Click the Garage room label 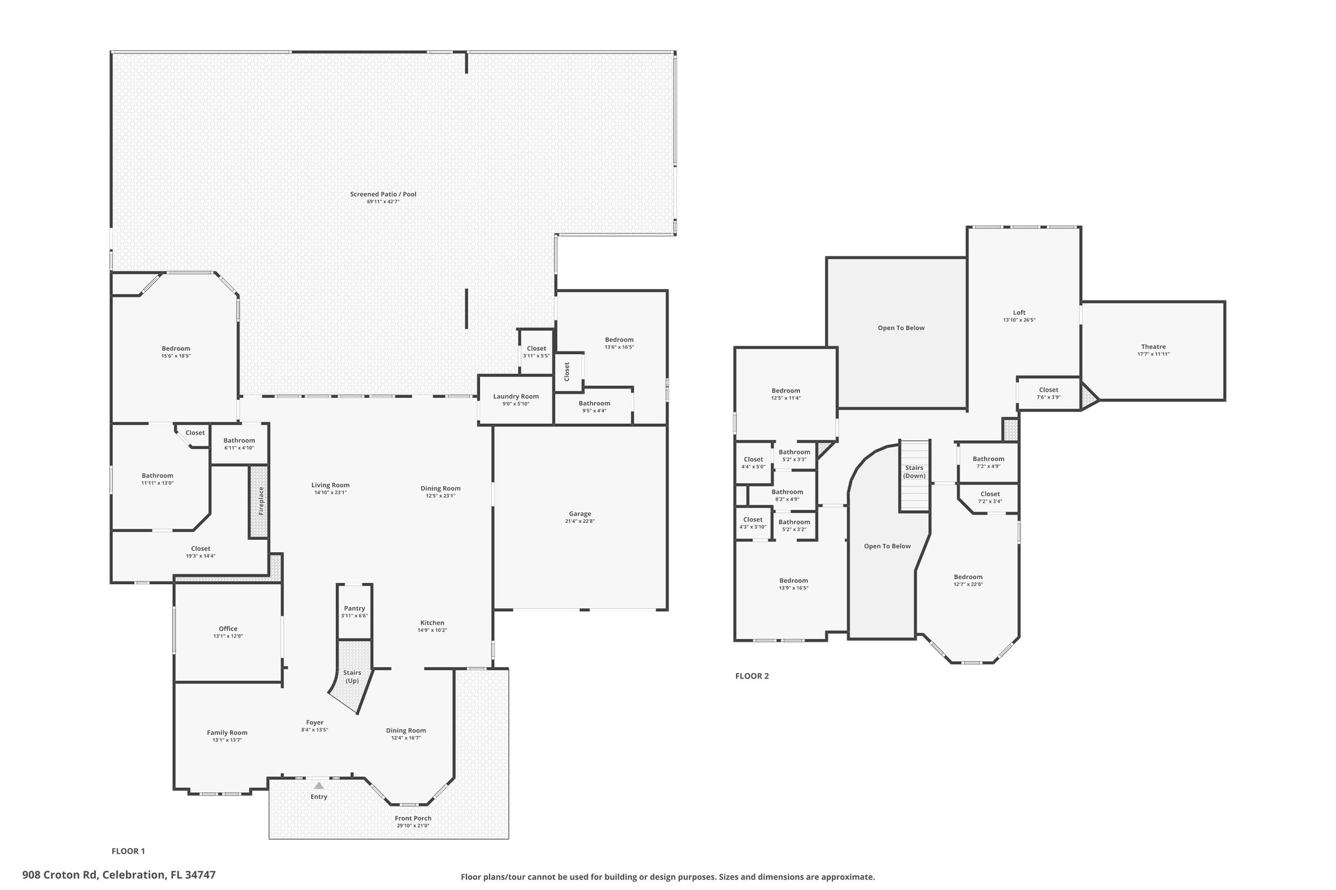tap(580, 514)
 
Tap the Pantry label tap(354, 608)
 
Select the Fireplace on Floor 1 tap(259, 501)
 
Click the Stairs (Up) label tap(352, 676)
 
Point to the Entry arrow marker tap(319, 786)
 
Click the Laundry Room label tap(516, 396)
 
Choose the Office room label tap(228, 629)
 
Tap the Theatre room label tap(1153, 347)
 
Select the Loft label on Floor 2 tap(1019, 312)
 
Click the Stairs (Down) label tap(915, 471)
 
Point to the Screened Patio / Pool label tap(383, 194)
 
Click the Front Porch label tap(413, 818)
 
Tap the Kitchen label tap(432, 623)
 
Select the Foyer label tap(314, 722)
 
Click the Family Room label tap(227, 732)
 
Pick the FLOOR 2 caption tap(752, 676)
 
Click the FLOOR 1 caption tap(129, 851)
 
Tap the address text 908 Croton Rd tap(60, 875)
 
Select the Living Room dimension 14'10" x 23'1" tap(331, 493)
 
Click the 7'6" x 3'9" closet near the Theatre tap(1048, 393)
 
